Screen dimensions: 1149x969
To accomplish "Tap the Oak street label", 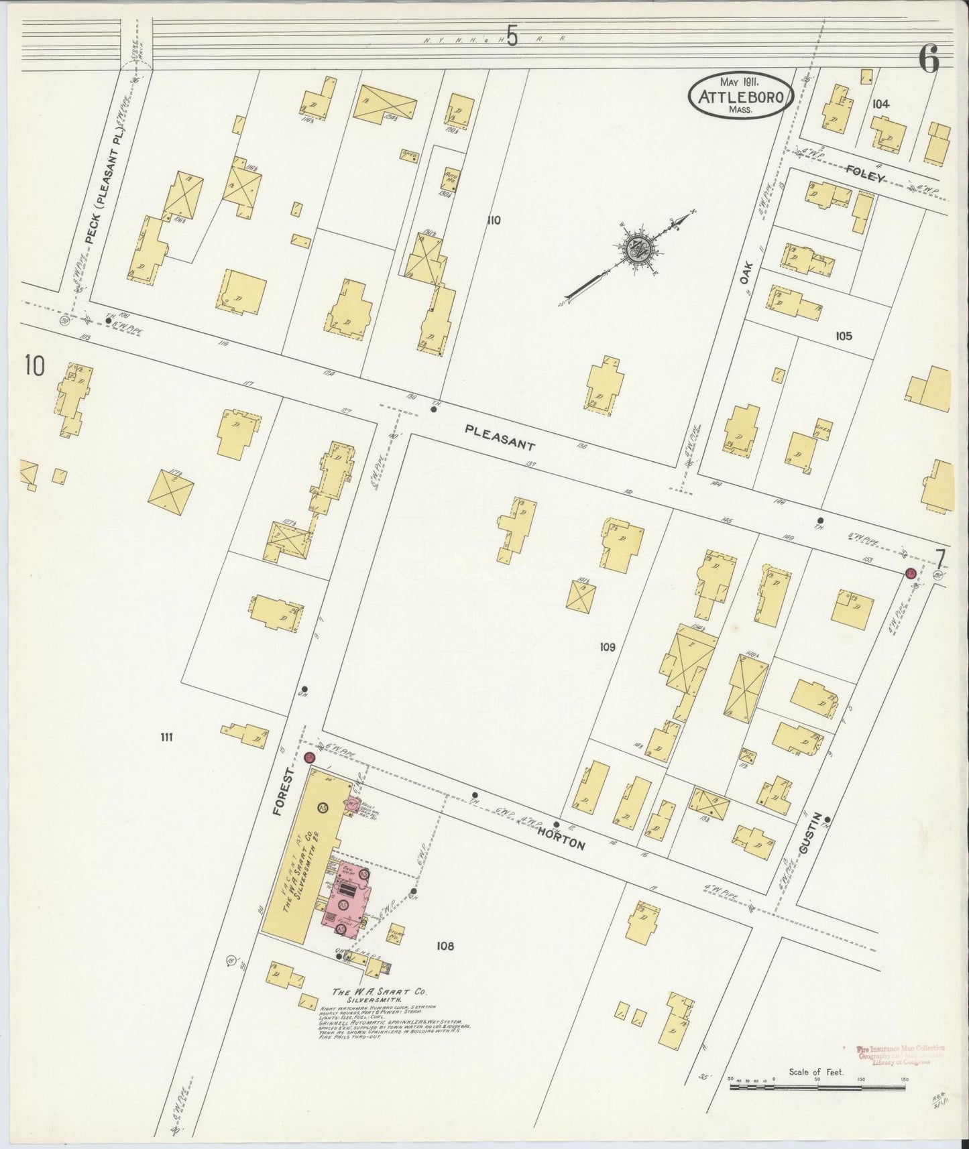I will tap(746, 274).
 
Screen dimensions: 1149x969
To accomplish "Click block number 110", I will tap(494, 220).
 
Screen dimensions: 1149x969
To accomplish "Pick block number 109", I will tap(607, 648).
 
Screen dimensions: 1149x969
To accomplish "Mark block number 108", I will tap(445, 946).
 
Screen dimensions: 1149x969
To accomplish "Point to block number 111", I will tap(166, 737).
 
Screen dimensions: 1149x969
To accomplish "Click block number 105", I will tap(843, 336).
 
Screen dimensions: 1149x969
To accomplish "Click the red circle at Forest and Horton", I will tap(309, 758).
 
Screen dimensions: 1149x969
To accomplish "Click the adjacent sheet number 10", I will tap(34, 367).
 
